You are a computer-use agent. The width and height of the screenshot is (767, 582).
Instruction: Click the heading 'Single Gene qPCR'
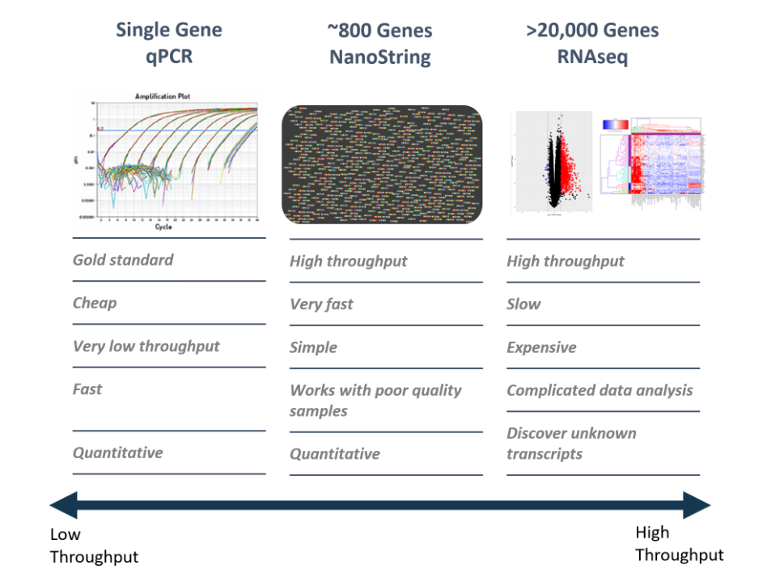tap(168, 44)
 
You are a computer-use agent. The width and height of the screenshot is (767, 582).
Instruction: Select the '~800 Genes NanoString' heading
tap(379, 45)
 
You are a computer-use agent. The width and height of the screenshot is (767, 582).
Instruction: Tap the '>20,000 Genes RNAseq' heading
tap(592, 44)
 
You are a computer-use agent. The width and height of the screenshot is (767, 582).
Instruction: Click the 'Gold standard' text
tap(123, 260)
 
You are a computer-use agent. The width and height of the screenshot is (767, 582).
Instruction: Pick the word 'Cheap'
tap(95, 303)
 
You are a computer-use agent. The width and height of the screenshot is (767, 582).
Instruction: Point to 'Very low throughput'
tap(146, 346)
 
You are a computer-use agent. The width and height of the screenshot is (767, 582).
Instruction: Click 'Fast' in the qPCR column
tap(87, 389)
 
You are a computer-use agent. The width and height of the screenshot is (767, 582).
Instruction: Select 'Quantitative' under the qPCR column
tap(118, 452)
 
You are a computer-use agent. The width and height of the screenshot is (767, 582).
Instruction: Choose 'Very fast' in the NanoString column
tap(321, 304)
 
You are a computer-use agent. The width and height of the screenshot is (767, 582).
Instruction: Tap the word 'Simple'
tap(313, 347)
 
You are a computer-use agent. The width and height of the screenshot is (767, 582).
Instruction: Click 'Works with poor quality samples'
tap(375, 400)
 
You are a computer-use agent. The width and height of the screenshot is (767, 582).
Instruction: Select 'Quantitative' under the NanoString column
tap(335, 453)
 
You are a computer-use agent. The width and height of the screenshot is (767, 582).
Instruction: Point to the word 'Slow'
tap(523, 304)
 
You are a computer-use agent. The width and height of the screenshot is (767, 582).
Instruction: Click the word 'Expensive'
tap(541, 347)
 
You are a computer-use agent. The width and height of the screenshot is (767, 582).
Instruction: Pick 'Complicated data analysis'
tap(600, 390)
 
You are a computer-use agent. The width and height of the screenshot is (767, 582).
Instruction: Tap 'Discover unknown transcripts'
tap(571, 443)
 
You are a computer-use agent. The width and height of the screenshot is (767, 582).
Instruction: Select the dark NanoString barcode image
tap(382, 164)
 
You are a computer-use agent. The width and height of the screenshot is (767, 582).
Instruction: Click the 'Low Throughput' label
tap(94, 546)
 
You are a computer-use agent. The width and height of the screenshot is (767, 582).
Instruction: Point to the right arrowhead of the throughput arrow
tap(697, 507)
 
